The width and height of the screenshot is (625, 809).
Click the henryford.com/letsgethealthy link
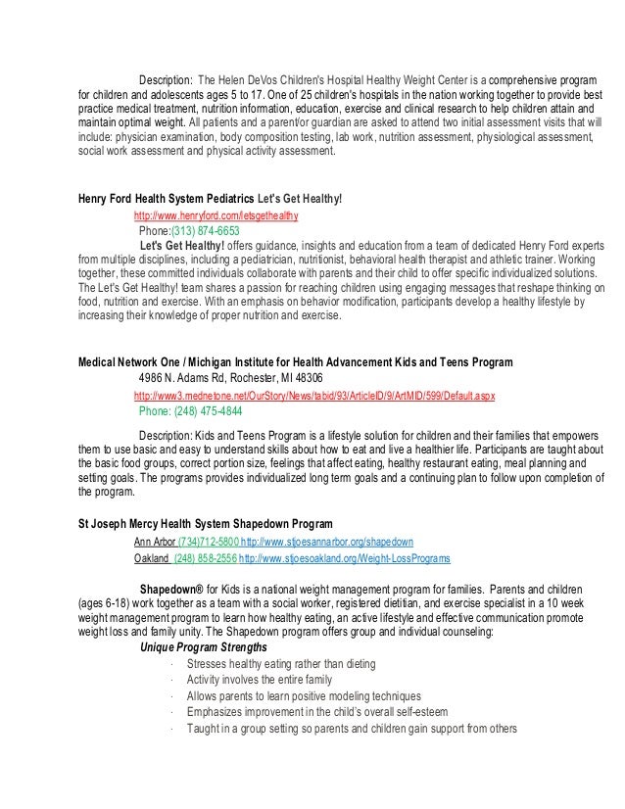(x=216, y=214)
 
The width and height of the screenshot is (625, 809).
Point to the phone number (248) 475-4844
(x=190, y=410)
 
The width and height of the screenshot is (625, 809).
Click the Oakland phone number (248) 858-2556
(x=204, y=557)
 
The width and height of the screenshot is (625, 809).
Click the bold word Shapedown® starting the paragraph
(x=176, y=588)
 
